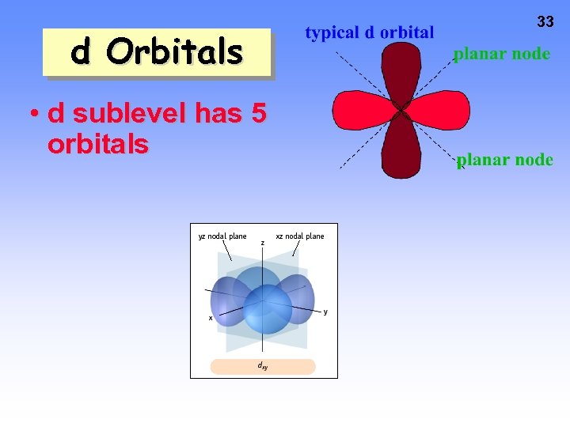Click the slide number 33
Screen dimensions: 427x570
click(x=545, y=22)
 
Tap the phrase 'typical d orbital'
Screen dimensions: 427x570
click(x=370, y=32)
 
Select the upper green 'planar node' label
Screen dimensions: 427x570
click(x=501, y=55)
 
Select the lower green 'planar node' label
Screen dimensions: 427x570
click(x=504, y=160)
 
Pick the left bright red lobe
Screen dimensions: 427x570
click(x=361, y=109)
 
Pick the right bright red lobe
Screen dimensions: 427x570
click(x=440, y=109)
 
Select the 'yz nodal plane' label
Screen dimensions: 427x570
click(x=222, y=236)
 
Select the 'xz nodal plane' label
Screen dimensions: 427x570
click(x=299, y=236)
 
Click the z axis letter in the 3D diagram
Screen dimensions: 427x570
click(x=263, y=243)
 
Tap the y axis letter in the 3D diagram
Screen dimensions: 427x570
click(x=325, y=311)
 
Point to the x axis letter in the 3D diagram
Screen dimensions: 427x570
click(x=210, y=317)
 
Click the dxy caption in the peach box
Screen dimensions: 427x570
click(x=262, y=366)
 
